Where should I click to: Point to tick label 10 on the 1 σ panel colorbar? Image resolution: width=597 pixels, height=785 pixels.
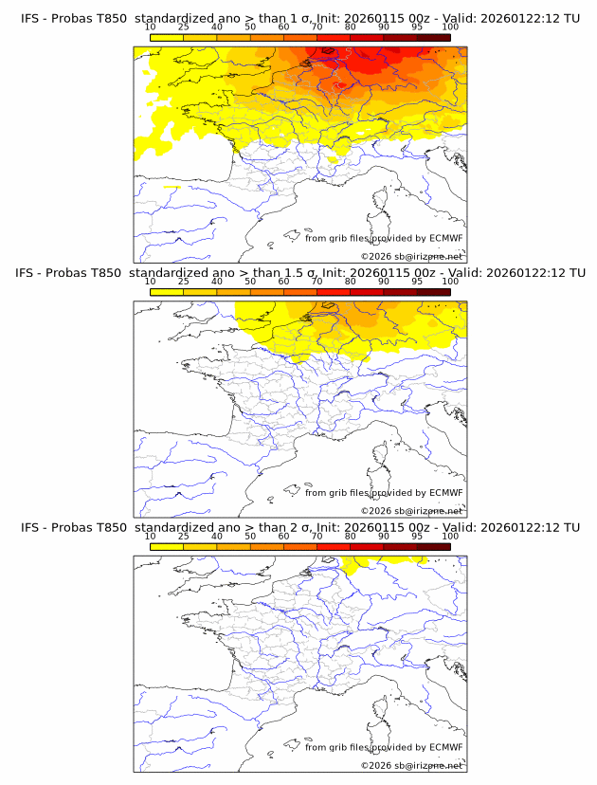point(151,27)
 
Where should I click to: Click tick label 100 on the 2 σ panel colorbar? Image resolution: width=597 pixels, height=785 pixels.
point(450,536)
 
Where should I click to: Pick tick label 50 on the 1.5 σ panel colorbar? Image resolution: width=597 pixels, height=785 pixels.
point(250,282)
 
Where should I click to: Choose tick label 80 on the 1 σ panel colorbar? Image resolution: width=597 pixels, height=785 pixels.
point(351,27)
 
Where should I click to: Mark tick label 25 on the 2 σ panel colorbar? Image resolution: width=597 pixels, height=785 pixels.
point(184,536)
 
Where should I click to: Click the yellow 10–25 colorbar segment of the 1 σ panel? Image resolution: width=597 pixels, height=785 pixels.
point(167,37)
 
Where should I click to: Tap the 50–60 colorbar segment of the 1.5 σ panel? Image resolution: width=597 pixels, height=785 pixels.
point(266,291)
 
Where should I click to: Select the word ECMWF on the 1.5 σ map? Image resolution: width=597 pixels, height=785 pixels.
point(445,493)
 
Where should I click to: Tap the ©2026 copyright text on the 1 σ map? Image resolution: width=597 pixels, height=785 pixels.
point(375,257)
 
